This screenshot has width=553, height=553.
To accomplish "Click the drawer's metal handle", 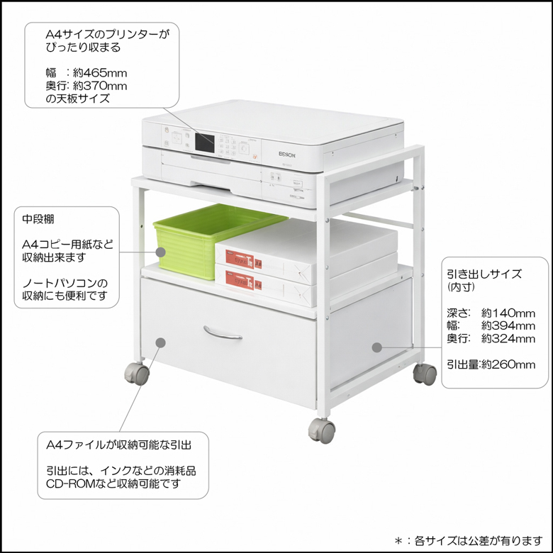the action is [223, 333].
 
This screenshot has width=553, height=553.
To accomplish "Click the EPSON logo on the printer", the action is [287, 155].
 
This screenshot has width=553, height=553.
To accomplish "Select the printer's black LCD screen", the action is [205, 143].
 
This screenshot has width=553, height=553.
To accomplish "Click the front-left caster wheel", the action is [137, 373].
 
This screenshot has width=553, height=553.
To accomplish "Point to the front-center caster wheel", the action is [322, 430].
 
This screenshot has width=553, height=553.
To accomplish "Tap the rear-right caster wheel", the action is [425, 374].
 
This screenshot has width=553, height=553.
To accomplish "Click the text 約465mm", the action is [100, 73].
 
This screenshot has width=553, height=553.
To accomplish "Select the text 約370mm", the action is [100, 86].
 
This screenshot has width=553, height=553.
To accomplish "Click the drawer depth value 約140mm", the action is [508, 313].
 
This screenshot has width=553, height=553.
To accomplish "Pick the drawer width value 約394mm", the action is [508, 326].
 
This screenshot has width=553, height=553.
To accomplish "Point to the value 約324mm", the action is [508, 339].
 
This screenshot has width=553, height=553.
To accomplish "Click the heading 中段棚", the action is [38, 219].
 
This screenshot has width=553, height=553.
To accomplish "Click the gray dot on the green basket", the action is [161, 252].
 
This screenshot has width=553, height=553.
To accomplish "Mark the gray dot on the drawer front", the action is [160, 342].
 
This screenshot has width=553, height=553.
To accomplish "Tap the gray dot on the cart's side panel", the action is [377, 347].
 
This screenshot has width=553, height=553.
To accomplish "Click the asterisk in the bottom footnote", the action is [398, 541].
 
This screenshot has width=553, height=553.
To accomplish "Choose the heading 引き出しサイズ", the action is [484, 274].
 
